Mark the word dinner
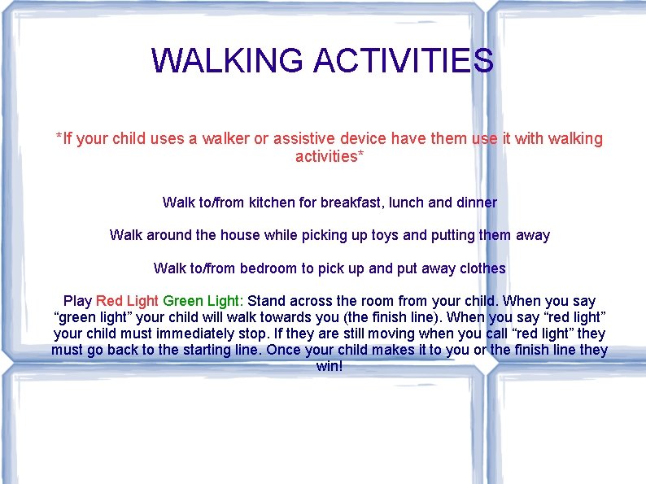pyautogui.click(x=476, y=202)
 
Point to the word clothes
pyautogui.click(x=482, y=268)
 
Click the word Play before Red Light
pyautogui.click(x=77, y=301)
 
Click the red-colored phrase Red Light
pyautogui.click(x=127, y=301)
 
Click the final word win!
pyautogui.click(x=330, y=366)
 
